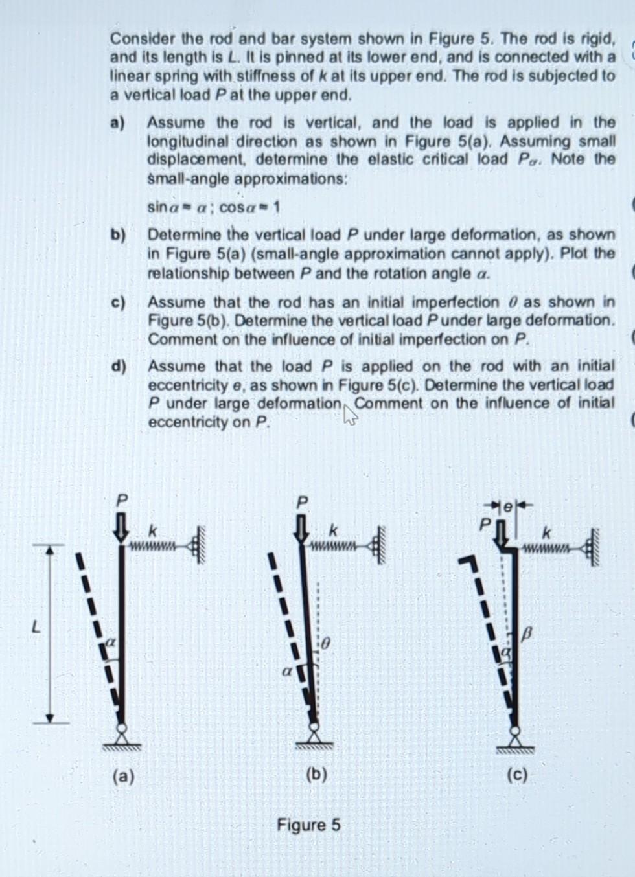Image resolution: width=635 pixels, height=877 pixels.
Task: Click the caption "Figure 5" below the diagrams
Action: [x=308, y=825]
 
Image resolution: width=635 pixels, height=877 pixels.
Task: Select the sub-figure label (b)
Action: [x=316, y=773]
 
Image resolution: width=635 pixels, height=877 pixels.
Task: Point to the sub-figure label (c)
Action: [x=518, y=774]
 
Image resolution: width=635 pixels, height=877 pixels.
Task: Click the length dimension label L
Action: [x=37, y=627]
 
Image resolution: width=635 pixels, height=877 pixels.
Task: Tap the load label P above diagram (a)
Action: [x=120, y=501]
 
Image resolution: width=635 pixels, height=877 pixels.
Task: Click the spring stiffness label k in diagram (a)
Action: [x=154, y=530]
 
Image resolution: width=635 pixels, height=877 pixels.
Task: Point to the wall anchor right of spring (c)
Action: [x=589, y=548]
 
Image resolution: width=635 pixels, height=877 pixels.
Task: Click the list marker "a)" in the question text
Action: [x=119, y=122]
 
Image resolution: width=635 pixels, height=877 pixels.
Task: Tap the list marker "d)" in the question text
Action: [x=119, y=366]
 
